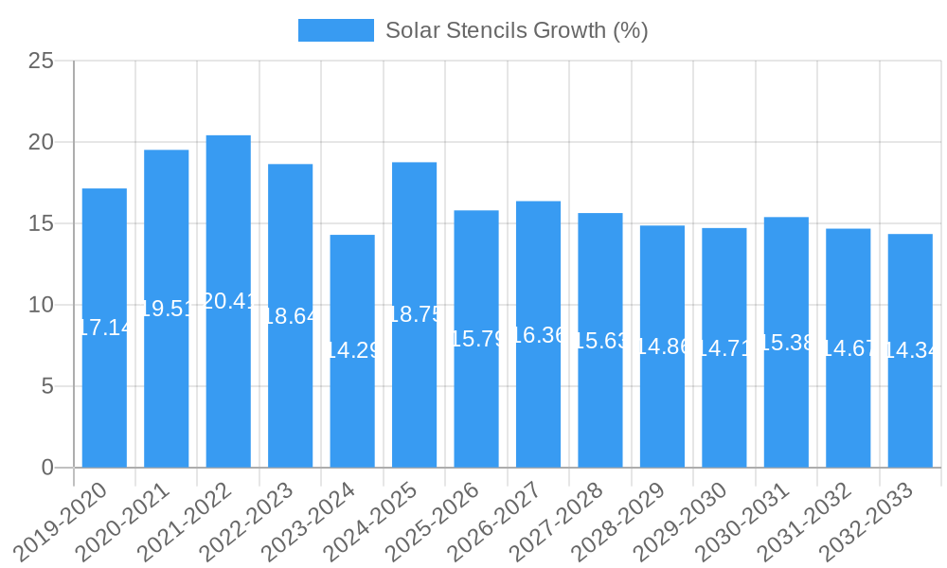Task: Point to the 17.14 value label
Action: (x=104, y=328)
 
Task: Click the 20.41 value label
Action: (x=228, y=301)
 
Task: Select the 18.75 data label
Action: (x=414, y=315)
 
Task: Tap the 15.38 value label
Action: (x=786, y=343)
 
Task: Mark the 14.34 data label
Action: (x=910, y=350)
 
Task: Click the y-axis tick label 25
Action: (x=41, y=62)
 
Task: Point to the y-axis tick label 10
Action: (x=41, y=305)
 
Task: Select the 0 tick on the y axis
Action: (x=48, y=468)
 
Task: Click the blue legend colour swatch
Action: (x=335, y=30)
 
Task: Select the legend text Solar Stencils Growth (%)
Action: (x=516, y=30)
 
